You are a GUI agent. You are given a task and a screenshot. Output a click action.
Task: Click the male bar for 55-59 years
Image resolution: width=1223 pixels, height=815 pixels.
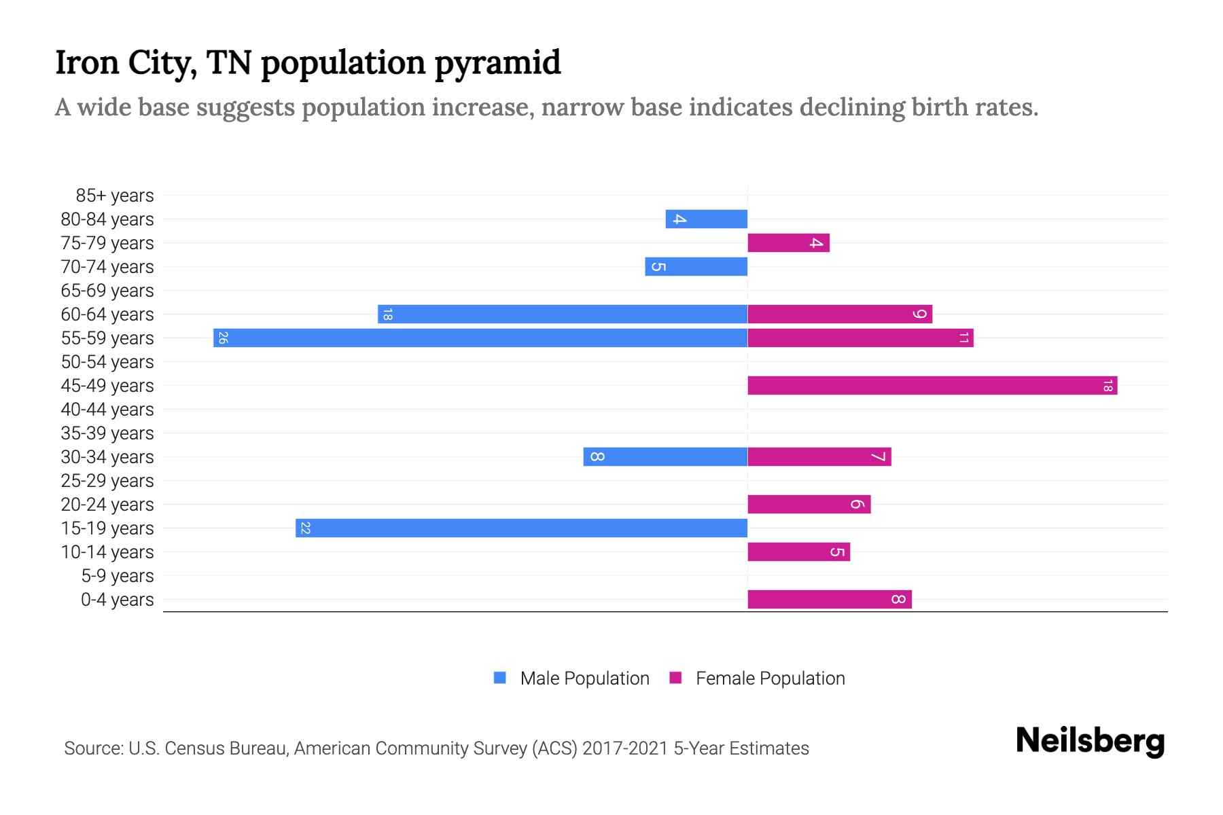(x=480, y=338)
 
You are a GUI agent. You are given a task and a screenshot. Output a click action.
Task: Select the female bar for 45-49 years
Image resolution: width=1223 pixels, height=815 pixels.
(x=932, y=385)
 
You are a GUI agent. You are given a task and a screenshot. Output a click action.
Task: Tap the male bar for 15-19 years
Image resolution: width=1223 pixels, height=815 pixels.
(x=521, y=528)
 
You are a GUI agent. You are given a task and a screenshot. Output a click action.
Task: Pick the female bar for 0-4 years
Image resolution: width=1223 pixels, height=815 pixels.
(x=829, y=599)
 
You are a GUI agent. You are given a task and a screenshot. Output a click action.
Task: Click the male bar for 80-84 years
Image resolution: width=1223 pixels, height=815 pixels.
(x=707, y=219)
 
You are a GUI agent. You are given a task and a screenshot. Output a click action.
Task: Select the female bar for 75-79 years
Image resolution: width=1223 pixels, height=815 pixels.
(x=788, y=242)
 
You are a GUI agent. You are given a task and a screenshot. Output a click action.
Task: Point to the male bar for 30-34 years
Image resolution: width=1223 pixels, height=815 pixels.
(x=665, y=456)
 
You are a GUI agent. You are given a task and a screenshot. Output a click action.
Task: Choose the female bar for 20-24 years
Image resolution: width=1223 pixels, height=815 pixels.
(x=809, y=504)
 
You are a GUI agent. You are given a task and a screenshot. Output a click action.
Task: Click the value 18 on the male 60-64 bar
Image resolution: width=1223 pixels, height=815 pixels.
(x=387, y=314)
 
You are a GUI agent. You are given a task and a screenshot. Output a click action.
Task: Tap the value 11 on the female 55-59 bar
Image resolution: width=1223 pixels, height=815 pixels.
(x=963, y=338)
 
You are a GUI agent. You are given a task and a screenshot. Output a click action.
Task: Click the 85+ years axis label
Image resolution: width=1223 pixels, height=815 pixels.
(x=114, y=196)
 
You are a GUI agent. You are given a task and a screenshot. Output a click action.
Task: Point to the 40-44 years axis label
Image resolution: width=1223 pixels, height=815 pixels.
(x=107, y=410)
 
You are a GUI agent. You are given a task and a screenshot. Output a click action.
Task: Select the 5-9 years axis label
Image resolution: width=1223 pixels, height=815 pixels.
(x=117, y=576)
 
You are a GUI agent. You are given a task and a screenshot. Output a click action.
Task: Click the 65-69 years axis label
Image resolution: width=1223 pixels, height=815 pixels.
(x=107, y=291)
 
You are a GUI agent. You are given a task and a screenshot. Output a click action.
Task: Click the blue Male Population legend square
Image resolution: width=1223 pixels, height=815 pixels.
(x=500, y=678)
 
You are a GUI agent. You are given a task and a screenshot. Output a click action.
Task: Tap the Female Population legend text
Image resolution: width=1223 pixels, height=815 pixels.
(x=770, y=678)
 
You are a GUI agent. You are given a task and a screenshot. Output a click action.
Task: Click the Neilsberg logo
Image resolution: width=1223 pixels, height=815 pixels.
(x=1090, y=741)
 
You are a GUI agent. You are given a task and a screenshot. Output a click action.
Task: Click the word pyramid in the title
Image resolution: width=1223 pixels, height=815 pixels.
(x=497, y=63)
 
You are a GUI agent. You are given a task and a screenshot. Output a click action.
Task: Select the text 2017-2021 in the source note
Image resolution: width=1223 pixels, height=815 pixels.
(x=625, y=748)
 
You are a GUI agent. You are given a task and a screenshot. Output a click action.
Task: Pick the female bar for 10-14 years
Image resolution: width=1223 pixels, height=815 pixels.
(x=798, y=551)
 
